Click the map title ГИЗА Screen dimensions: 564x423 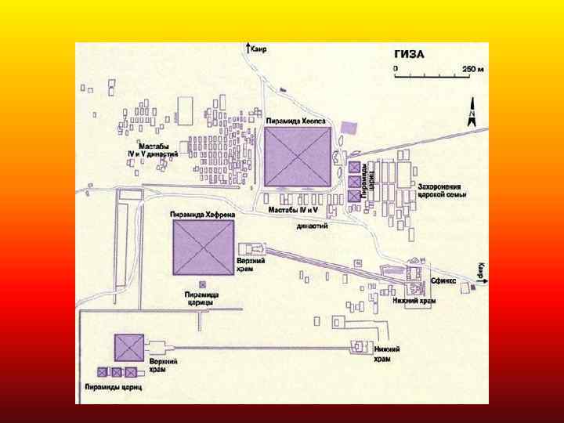[408, 54]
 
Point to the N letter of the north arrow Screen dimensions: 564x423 [472, 116]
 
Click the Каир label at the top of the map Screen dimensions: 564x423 [259, 49]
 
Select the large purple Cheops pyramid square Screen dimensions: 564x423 [298, 156]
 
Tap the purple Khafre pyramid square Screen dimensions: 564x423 [203, 247]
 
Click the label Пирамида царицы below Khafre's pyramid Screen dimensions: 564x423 [201, 298]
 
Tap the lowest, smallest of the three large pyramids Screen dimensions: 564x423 [128, 348]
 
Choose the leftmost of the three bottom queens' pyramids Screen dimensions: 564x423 [102, 372]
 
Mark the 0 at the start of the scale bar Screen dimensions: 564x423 [396, 69]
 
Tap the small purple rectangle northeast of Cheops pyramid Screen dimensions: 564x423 [349, 127]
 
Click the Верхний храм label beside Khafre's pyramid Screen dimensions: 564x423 [246, 264]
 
